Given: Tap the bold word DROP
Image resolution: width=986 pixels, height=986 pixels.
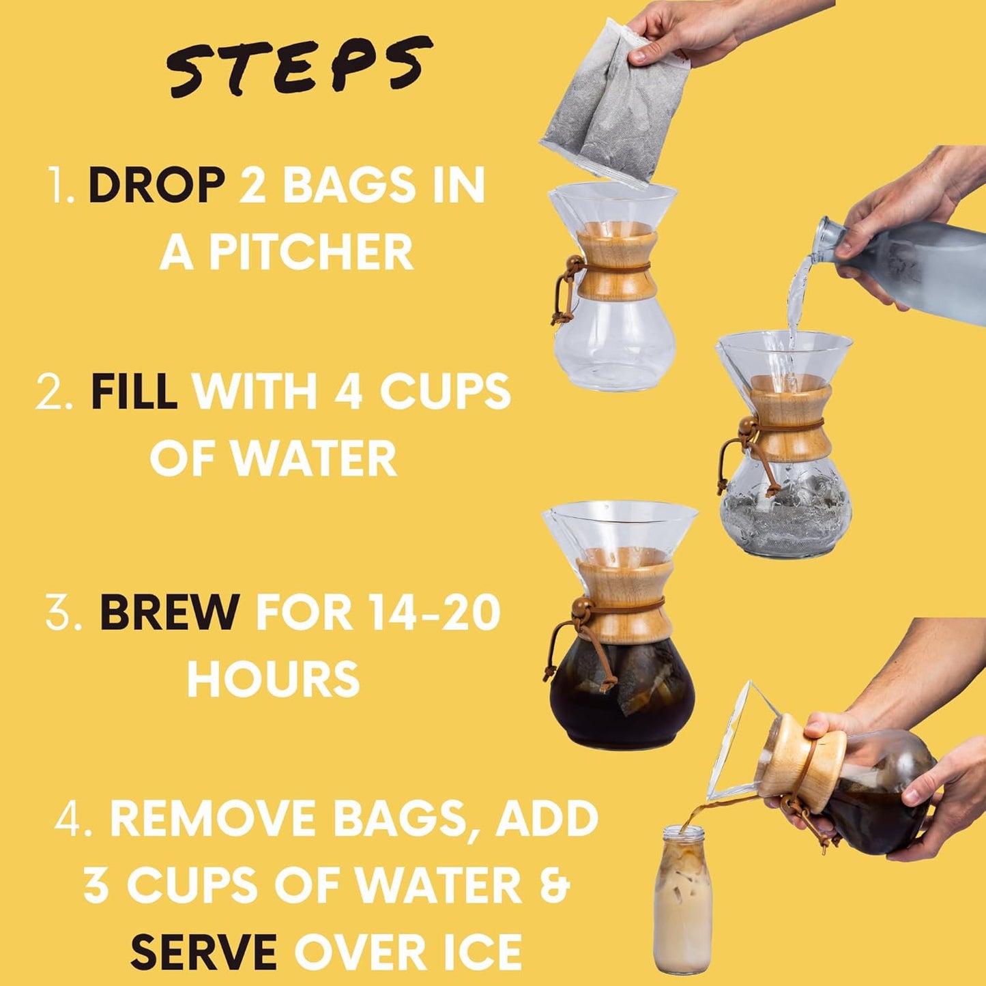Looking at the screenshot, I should [x=157, y=186].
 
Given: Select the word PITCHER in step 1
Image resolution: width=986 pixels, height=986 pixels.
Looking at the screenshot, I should [x=310, y=252].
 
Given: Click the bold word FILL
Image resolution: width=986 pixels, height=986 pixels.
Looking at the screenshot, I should [x=134, y=392].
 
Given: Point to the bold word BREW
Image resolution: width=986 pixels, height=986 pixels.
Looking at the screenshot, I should [x=169, y=612].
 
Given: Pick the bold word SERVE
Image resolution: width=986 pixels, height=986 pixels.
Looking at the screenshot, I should [x=203, y=952].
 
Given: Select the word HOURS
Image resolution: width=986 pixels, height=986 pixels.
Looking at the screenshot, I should [x=273, y=679].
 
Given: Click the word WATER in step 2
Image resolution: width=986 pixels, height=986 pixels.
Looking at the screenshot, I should [x=314, y=459].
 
